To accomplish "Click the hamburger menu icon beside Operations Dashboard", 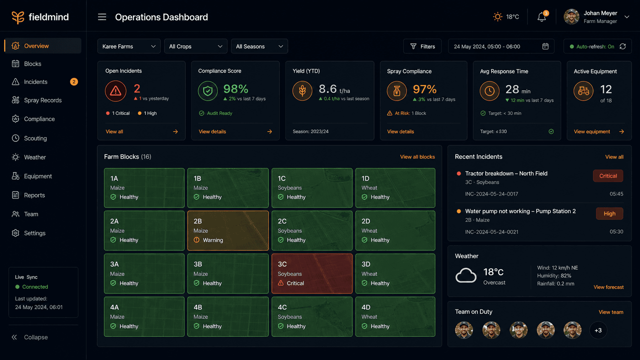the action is (x=102, y=17).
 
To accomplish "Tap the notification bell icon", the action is (x=541, y=17).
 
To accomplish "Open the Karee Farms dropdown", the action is (x=129, y=46).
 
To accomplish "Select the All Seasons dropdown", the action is (x=259, y=46).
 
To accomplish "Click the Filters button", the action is (x=422, y=46).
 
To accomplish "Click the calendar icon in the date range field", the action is (x=545, y=46).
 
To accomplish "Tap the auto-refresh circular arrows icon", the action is (x=623, y=46).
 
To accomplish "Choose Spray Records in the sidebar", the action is (x=42, y=100).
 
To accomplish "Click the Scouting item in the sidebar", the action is (x=35, y=138).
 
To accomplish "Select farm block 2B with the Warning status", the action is (x=228, y=231).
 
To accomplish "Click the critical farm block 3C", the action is (x=312, y=274).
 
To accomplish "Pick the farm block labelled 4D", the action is (x=395, y=317).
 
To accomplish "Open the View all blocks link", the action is (x=418, y=157).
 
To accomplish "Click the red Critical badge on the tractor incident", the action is (x=608, y=176).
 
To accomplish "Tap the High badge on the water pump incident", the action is (x=609, y=213).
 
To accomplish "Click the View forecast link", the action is (x=609, y=287).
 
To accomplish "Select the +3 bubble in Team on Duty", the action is (x=598, y=330).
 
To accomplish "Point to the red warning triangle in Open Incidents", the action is (x=116, y=91).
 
